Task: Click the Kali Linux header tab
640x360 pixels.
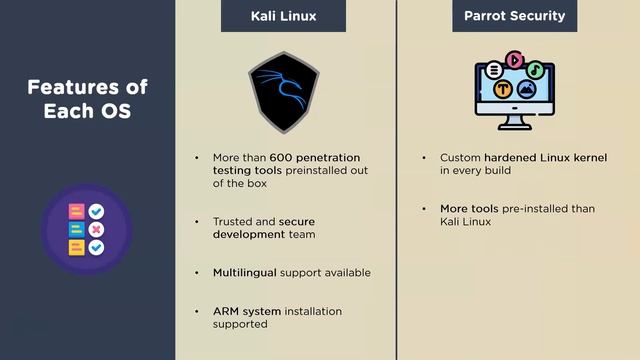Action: point(283,16)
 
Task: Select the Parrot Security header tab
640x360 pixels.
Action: point(514,16)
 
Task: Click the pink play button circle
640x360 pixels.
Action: point(515,60)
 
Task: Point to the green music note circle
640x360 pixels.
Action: point(536,70)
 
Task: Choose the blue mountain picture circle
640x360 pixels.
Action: point(526,89)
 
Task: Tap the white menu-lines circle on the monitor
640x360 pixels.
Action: point(494,71)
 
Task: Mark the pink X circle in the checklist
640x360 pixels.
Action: point(96,229)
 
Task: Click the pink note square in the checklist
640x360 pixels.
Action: point(76,212)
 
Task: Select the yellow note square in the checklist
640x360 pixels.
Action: point(76,246)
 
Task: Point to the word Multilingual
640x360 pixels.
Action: point(244,272)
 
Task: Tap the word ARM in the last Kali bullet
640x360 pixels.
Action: point(225,311)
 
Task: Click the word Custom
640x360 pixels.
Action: point(460,158)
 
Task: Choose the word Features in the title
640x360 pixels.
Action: point(73,86)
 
